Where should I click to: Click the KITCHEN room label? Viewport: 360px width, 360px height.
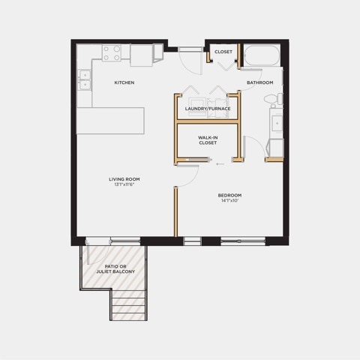click(x=124, y=82)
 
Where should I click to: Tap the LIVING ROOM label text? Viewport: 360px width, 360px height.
click(x=124, y=179)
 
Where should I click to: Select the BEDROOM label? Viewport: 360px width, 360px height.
click(x=229, y=195)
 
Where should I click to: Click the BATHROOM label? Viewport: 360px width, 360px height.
click(x=260, y=82)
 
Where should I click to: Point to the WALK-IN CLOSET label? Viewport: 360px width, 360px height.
click(x=208, y=140)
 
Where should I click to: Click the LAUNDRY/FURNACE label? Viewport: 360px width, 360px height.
click(x=208, y=109)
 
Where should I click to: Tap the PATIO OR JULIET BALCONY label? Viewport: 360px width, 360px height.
click(x=115, y=269)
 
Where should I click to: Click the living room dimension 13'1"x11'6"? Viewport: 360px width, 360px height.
click(x=124, y=184)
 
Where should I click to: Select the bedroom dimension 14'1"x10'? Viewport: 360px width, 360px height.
click(x=229, y=200)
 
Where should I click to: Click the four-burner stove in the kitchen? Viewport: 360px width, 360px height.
click(x=112, y=53)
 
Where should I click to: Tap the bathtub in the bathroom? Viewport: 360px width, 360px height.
click(x=262, y=55)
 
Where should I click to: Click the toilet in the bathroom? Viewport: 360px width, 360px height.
click(x=274, y=99)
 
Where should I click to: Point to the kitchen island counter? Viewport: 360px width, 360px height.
click(x=110, y=121)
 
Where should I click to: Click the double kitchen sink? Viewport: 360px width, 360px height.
click(x=85, y=79)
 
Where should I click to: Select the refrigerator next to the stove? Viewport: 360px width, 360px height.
click(x=141, y=55)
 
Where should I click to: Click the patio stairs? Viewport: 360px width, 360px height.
click(x=128, y=305)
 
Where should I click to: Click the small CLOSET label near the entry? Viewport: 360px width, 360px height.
click(x=223, y=52)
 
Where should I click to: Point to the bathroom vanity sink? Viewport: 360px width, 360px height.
click(x=277, y=123)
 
